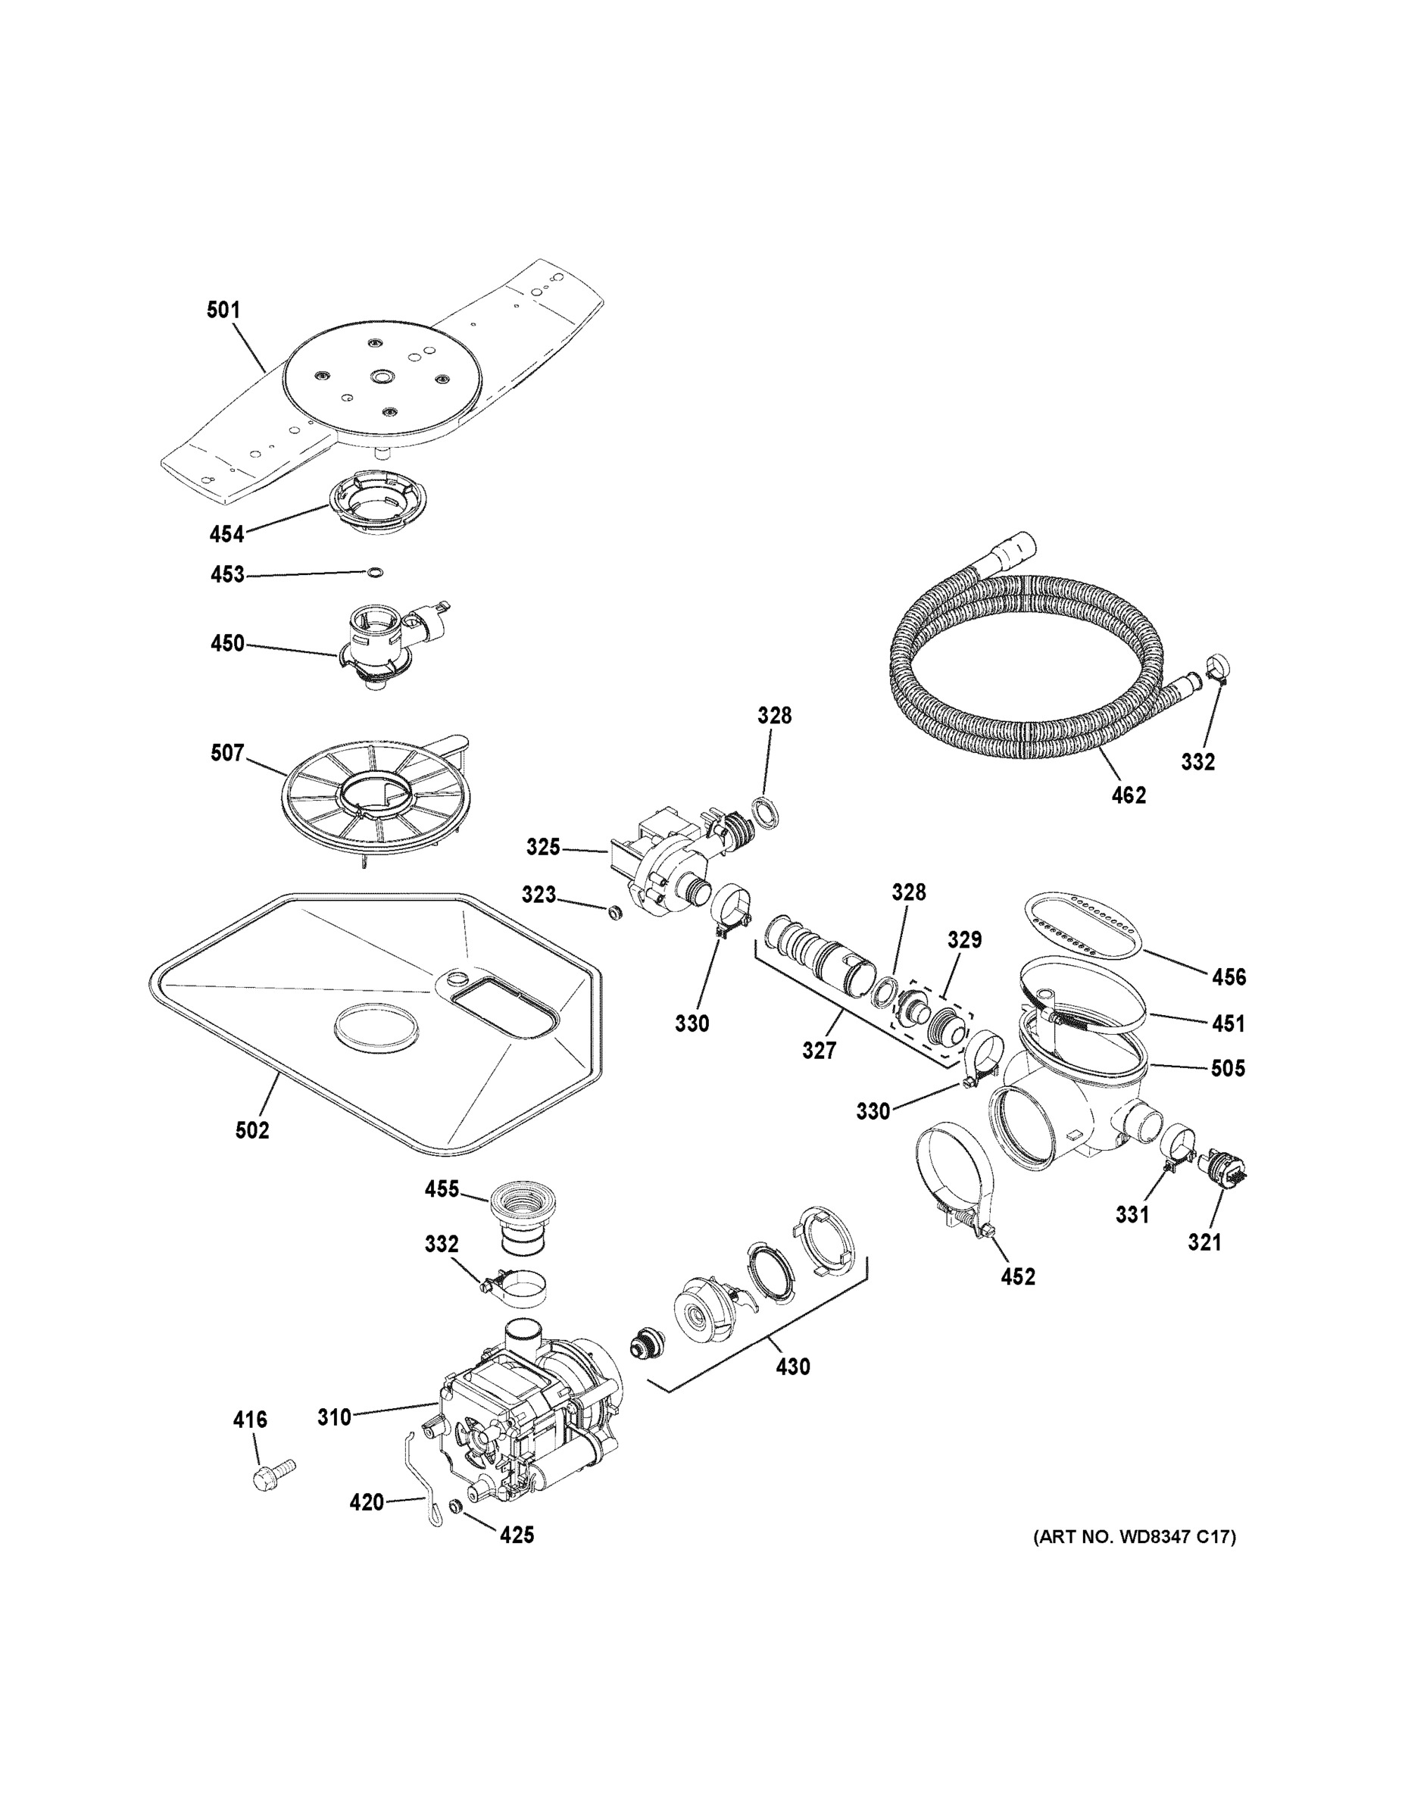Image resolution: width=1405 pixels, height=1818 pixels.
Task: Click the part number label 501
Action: (x=223, y=311)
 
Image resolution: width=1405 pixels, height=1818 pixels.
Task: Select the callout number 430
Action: (x=792, y=1367)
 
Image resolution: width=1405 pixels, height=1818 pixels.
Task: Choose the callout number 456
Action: (x=1229, y=976)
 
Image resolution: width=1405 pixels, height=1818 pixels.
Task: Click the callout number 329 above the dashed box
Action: (x=965, y=940)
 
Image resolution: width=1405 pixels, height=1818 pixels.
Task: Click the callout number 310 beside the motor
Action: (x=334, y=1416)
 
